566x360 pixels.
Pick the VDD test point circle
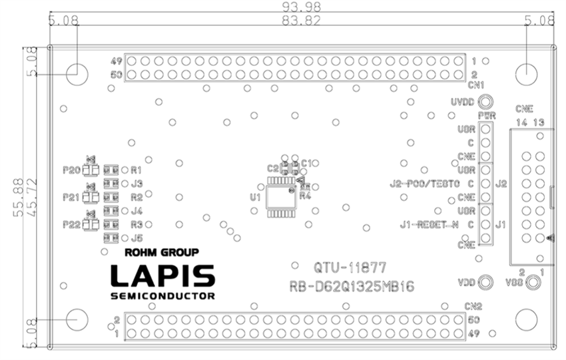(x=487, y=282)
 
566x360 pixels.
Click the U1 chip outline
(x=280, y=198)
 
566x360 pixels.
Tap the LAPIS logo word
(x=162, y=275)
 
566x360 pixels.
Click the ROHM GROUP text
(x=162, y=253)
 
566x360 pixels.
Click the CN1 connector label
(x=475, y=85)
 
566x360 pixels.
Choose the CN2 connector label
(x=472, y=307)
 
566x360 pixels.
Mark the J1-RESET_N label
(x=430, y=224)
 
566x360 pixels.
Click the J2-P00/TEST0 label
(x=425, y=183)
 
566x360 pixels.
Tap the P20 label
(x=71, y=170)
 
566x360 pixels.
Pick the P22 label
(x=71, y=224)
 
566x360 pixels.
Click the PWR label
(x=487, y=116)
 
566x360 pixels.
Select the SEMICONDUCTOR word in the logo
(x=162, y=295)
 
